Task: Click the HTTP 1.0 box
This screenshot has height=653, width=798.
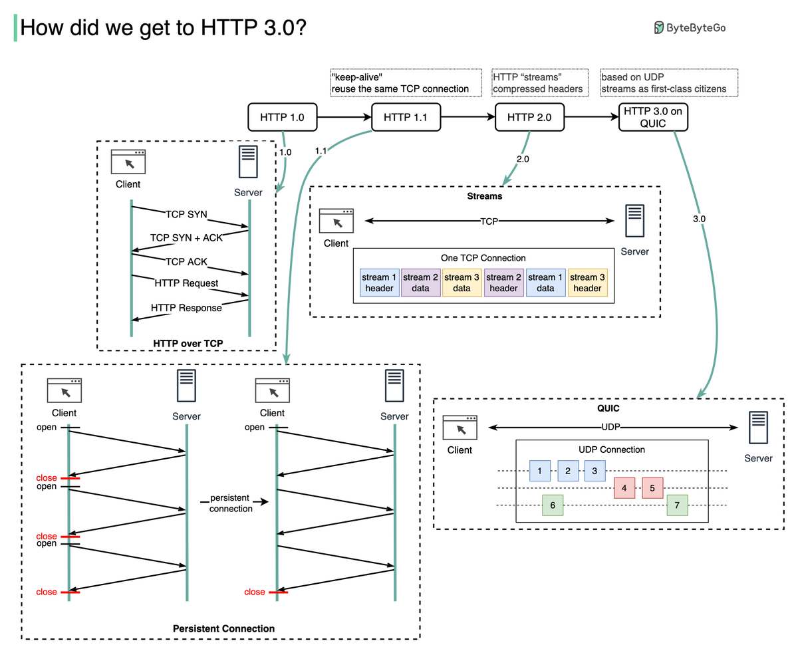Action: (x=282, y=117)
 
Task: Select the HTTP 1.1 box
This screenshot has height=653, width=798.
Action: (x=406, y=117)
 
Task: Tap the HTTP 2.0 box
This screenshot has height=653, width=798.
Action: (x=529, y=117)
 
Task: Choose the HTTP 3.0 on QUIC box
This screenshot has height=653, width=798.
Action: (x=653, y=117)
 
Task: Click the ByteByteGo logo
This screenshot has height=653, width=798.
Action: (x=690, y=27)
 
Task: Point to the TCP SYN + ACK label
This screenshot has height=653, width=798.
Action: (x=186, y=237)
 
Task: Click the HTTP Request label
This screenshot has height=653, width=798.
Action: (x=186, y=283)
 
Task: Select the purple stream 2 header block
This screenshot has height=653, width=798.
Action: (x=503, y=283)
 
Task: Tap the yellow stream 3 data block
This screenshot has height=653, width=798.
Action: (x=462, y=283)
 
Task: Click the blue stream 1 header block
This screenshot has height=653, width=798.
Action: (x=379, y=283)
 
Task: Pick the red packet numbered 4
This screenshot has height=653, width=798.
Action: (x=624, y=488)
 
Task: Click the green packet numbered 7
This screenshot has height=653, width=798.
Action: (x=677, y=505)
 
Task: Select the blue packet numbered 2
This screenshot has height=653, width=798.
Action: (x=568, y=471)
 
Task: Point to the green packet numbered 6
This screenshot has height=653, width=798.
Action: (x=553, y=505)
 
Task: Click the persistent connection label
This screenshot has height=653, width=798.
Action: (x=231, y=503)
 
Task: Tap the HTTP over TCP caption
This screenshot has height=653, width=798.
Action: (x=188, y=343)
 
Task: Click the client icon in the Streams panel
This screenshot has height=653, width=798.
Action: (x=336, y=221)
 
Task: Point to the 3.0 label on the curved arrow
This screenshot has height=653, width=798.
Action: (x=699, y=218)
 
